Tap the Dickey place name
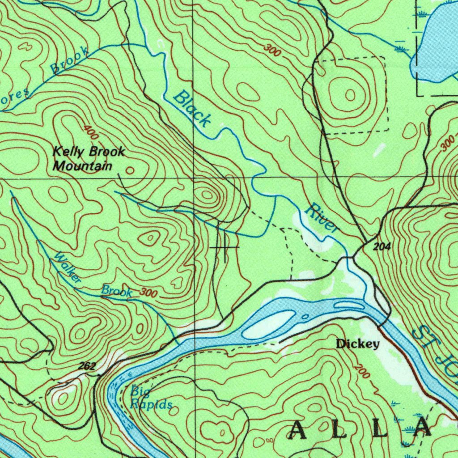(358, 344)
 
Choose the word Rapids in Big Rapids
(151, 404)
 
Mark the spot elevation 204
(381, 247)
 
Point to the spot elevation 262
(87, 366)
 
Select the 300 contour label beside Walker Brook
(149, 293)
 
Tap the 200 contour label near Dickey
(361, 371)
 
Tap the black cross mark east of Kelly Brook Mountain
(225, 247)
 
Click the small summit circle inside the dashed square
(350, 95)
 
